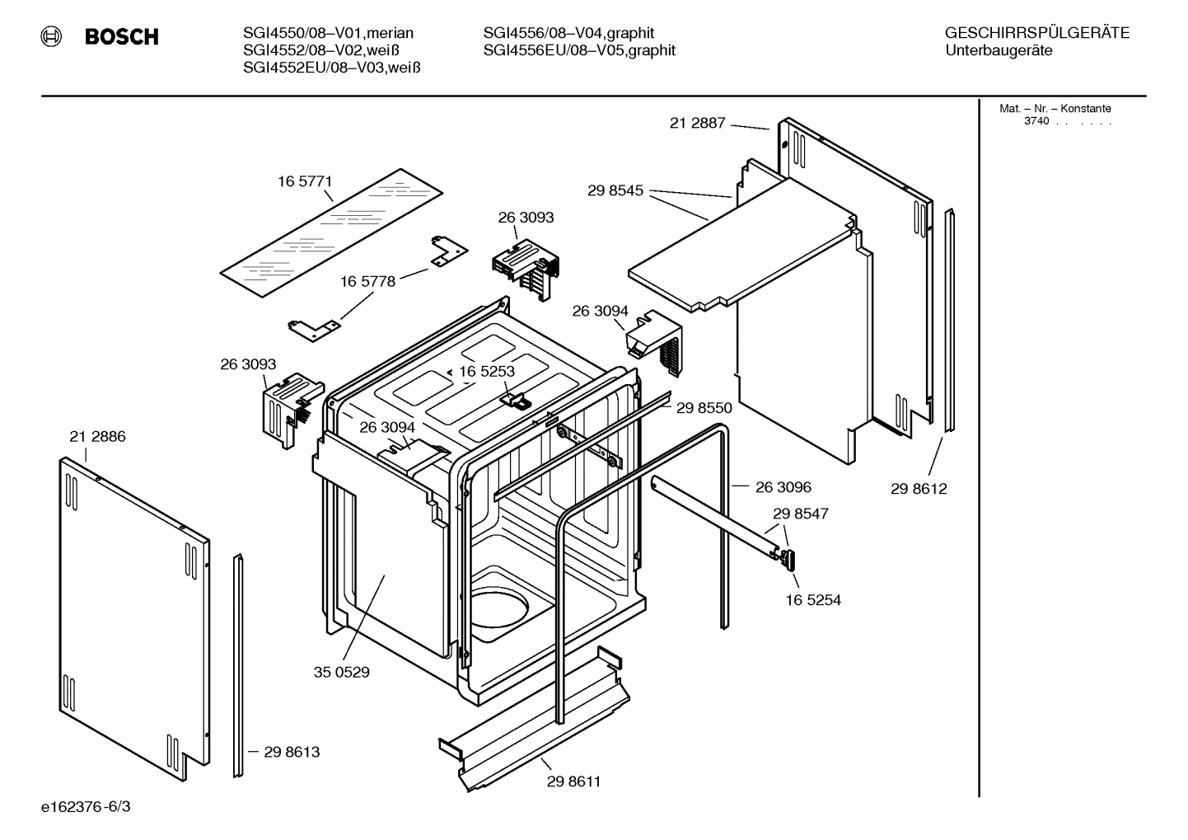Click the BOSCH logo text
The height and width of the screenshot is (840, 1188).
(x=121, y=37)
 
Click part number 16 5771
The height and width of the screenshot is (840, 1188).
(x=304, y=181)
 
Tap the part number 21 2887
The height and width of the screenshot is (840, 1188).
(x=697, y=123)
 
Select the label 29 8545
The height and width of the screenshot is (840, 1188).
(x=615, y=190)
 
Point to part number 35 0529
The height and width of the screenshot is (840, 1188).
(x=341, y=672)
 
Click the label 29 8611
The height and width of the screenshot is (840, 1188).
(x=573, y=781)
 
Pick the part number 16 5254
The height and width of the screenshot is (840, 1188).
(x=812, y=600)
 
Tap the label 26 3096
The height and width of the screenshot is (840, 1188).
(x=783, y=487)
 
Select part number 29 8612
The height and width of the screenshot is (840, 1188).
(x=919, y=488)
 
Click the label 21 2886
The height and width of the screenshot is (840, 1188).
(x=97, y=436)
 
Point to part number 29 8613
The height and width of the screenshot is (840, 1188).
(x=292, y=752)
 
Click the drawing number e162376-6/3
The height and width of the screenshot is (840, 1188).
(x=86, y=806)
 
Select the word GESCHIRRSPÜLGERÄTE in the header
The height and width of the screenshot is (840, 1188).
(x=1036, y=33)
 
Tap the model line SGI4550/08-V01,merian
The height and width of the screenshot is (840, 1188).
(x=328, y=33)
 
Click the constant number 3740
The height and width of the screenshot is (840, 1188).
(x=1036, y=121)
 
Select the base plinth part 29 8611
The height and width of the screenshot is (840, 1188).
(x=536, y=725)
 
